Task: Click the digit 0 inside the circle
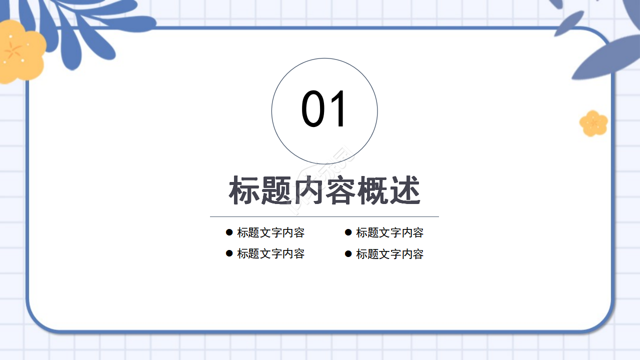coord(313,109)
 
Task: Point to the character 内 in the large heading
coord(308,190)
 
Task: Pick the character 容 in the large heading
coord(340,190)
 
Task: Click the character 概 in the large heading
coord(372,190)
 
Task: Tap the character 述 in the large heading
coord(404,190)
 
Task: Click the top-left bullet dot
coord(229,232)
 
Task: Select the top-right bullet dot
coord(348,232)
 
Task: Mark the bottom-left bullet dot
coord(229,253)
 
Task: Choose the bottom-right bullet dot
coord(348,254)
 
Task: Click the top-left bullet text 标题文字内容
coord(270,232)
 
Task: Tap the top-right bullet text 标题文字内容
coord(389,232)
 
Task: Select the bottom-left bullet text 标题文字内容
coord(270,253)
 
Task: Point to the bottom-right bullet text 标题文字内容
coord(389,254)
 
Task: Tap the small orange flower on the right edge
coord(593,123)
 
